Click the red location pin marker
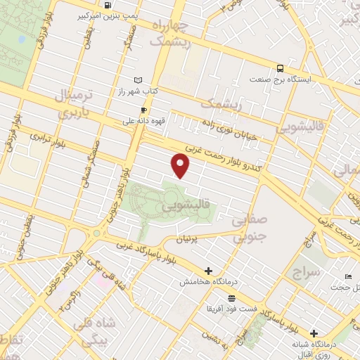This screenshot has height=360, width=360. [x=181, y=165]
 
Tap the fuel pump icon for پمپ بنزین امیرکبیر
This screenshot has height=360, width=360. [x=107, y=5]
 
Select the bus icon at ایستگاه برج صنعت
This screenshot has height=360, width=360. [x=281, y=68]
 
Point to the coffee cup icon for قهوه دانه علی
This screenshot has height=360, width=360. [x=143, y=109]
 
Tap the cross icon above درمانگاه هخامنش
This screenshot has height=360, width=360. [x=208, y=271]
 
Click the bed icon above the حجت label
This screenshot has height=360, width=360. [x=349, y=276]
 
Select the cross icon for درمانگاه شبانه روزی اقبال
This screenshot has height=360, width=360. [x=314, y=333]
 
